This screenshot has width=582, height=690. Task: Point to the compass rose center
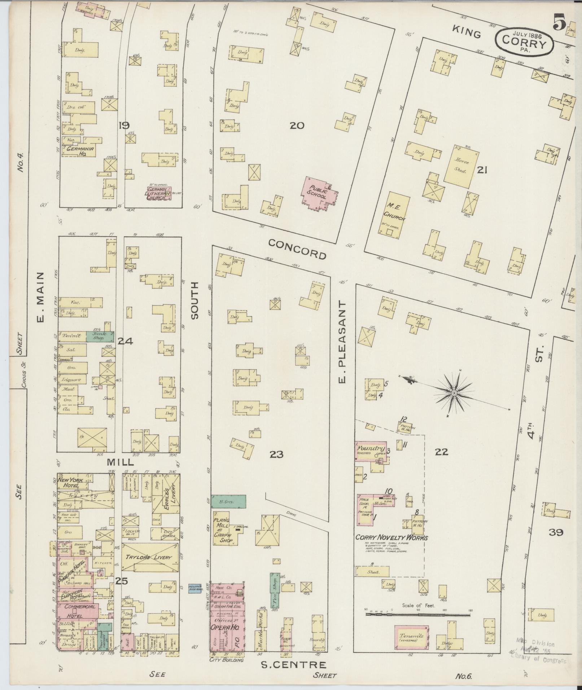tap(454, 392)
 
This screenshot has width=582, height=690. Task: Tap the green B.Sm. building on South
tap(228, 502)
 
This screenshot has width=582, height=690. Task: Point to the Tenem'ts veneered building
tap(411, 637)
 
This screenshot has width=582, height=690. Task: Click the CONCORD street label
tap(297, 249)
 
